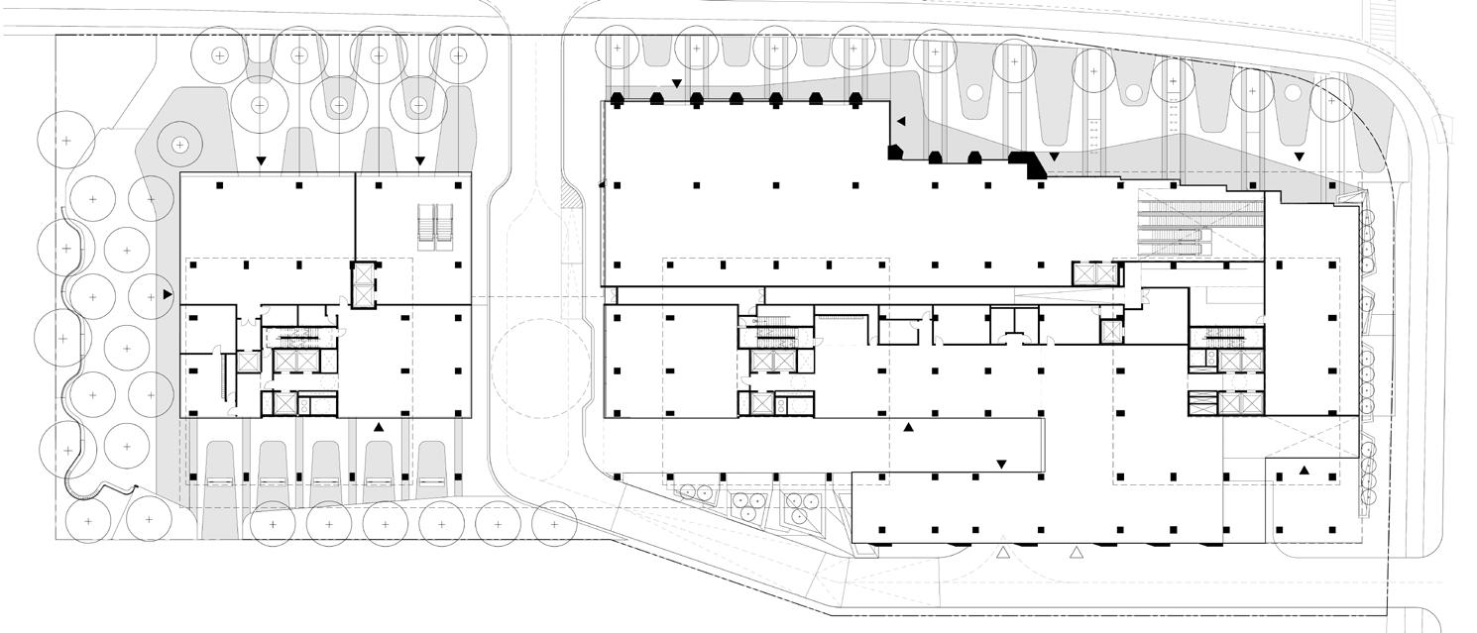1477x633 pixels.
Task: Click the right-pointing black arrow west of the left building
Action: (168, 294)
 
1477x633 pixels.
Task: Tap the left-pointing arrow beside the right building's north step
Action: (901, 121)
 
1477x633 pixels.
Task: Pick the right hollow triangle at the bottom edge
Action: (1077, 551)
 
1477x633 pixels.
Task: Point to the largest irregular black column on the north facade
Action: (1035, 165)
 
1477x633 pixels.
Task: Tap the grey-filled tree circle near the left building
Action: (179, 145)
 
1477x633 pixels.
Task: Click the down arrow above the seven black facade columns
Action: (677, 84)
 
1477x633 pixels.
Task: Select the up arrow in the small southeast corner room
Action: (1305, 470)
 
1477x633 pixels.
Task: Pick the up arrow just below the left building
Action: (378, 427)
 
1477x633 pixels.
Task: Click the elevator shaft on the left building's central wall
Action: (364, 284)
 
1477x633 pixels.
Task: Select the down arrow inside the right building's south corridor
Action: (1001, 464)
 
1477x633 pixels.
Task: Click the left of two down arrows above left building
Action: (261, 160)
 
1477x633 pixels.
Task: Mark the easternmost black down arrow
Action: (1299, 157)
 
